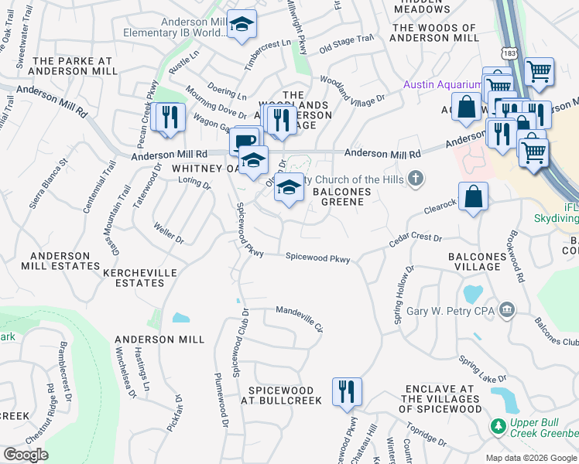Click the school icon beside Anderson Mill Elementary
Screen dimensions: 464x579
pos(242,26)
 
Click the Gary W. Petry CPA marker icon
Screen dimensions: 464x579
pos(506,310)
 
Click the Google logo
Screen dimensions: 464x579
pos(26,455)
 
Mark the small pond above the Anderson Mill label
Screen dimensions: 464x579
pos(180,318)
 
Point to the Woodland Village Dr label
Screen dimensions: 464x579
pos(353,90)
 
